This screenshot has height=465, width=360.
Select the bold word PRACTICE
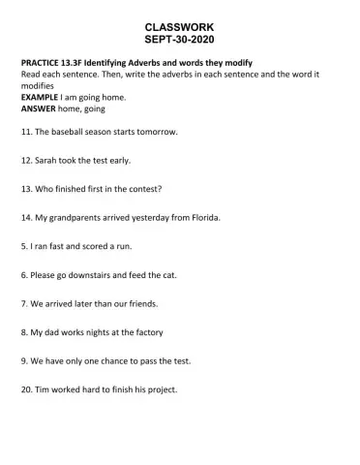(x=42, y=64)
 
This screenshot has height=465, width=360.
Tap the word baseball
(x=73, y=132)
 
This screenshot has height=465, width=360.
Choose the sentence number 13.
(x=26, y=189)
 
